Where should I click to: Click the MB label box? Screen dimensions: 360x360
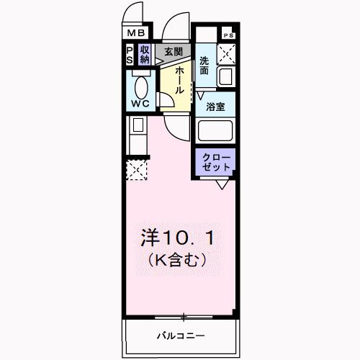137,32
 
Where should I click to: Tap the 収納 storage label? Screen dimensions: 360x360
145,55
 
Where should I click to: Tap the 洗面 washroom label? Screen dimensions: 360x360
204,66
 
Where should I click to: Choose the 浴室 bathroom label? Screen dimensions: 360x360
215,107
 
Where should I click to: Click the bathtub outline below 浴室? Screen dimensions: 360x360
216,132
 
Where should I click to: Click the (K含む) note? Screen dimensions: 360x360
177,259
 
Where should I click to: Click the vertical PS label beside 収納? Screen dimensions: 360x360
130,55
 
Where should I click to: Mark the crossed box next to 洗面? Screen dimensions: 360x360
228,53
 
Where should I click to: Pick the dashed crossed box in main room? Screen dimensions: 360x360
136,169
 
